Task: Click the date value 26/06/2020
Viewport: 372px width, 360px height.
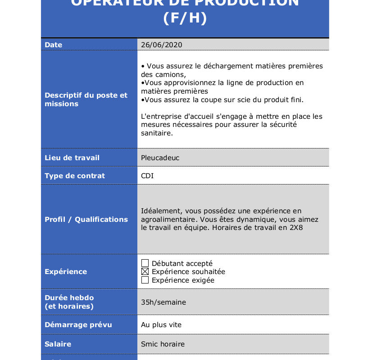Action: [161, 45]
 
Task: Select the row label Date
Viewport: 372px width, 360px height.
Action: [53, 45]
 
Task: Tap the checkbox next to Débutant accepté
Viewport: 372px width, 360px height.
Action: [145, 263]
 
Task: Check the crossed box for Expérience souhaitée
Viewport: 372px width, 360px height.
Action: [145, 272]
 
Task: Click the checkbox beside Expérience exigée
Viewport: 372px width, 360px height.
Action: [145, 280]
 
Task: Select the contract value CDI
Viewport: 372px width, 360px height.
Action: [147, 175]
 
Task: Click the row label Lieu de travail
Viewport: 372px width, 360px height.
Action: [72, 157]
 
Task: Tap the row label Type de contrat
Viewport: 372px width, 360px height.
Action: [75, 175]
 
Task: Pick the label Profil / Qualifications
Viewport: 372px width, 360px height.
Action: [86, 219]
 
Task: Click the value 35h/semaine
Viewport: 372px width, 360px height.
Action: [163, 302]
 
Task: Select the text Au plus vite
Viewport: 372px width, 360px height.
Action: [161, 324]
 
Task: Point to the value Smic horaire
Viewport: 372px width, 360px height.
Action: [163, 344]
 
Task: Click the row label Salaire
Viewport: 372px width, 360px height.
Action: [58, 344]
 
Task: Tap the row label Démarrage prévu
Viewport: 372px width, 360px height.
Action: [78, 324]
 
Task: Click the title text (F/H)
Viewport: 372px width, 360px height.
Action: [185, 19]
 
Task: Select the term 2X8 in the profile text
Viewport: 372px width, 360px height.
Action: [296, 228]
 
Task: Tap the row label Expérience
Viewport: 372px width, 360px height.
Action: [66, 271]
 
